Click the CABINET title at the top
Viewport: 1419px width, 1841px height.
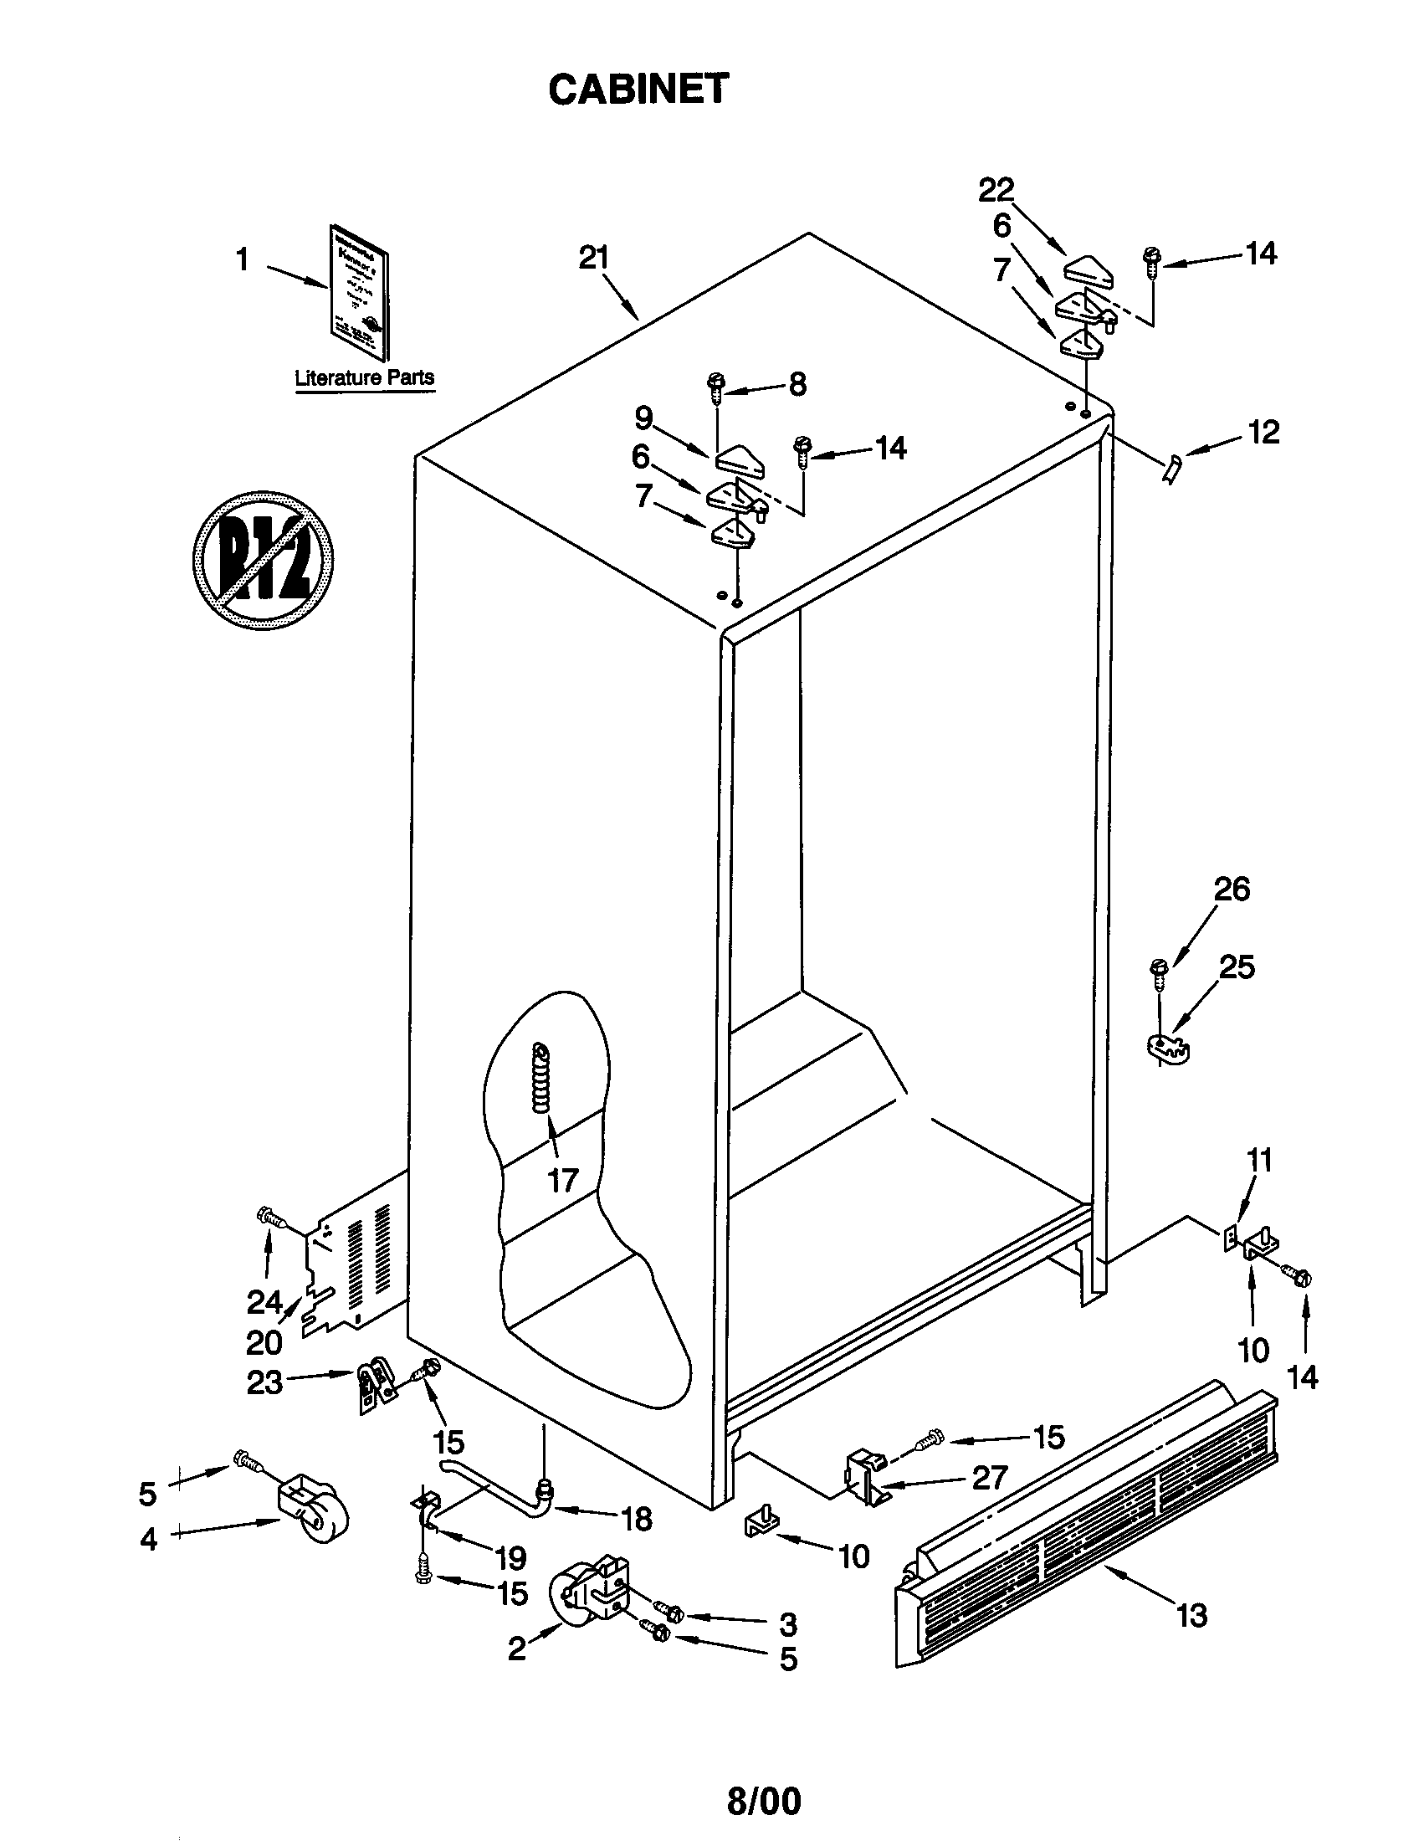pos(638,90)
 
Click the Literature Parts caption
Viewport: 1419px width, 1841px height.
pos(364,377)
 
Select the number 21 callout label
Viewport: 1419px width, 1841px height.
pos(593,257)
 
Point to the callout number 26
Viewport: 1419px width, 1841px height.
pos(1231,890)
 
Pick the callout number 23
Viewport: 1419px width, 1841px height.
pos(264,1382)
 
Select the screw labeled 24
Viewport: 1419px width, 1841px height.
pos(270,1217)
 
